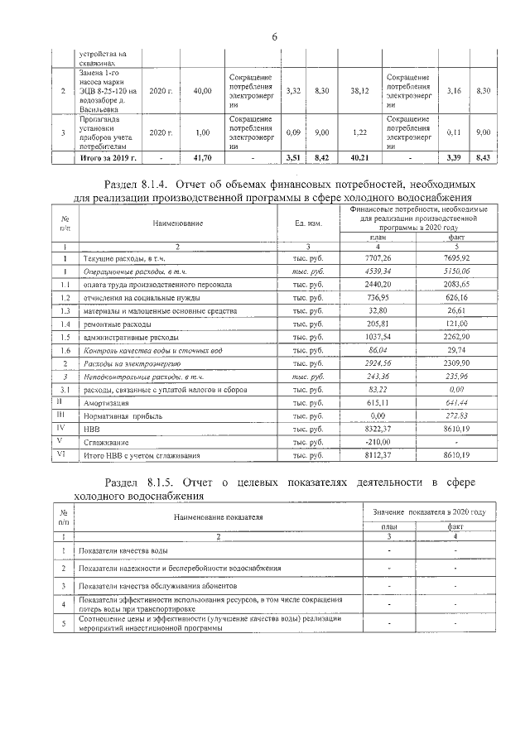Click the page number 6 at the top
272,36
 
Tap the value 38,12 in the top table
359,91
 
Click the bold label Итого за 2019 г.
107,156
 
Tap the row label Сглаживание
104,442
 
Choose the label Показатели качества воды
124,550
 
